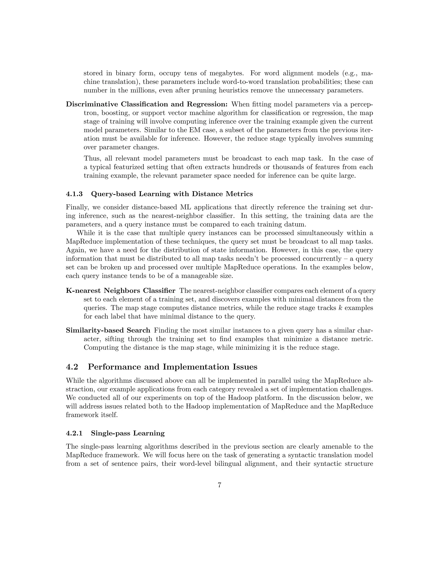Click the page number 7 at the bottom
(219, 485)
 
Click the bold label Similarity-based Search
(108, 331)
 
